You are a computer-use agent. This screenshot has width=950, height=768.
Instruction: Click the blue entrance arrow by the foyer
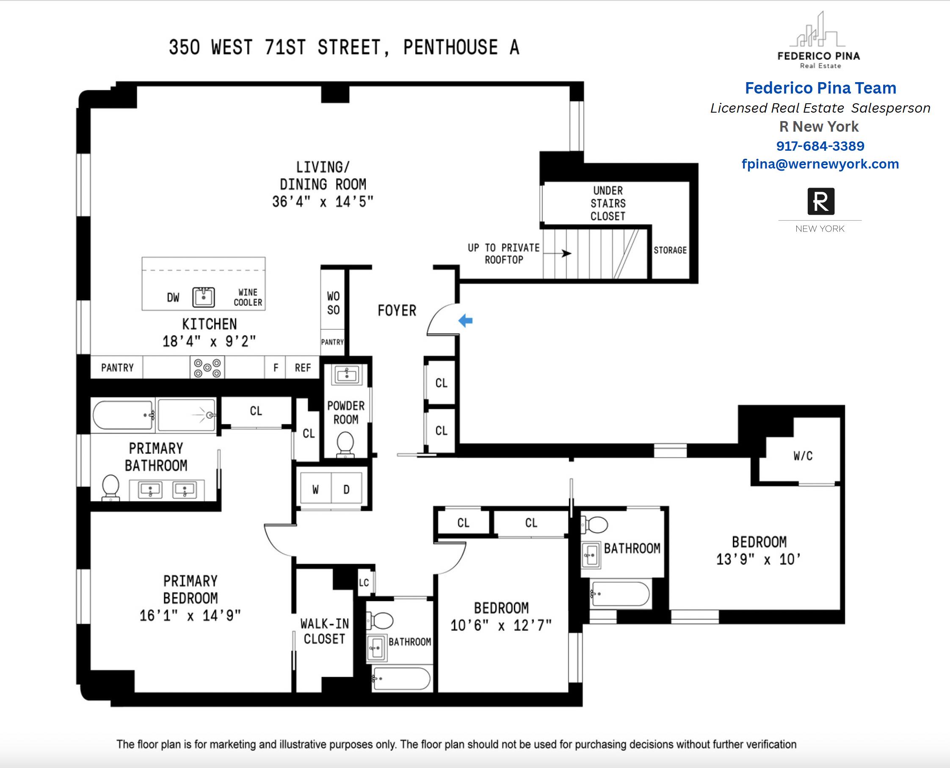coord(466,321)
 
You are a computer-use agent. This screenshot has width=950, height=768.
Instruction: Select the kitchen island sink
coord(204,297)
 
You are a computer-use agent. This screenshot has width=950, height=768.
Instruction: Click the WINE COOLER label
coord(248,297)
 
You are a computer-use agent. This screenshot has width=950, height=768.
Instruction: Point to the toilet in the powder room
coord(345,444)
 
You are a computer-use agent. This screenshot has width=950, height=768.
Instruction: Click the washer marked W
coord(315,489)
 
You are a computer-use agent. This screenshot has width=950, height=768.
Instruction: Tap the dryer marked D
coord(346,489)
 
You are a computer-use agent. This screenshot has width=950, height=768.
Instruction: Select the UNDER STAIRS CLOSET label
coord(608,204)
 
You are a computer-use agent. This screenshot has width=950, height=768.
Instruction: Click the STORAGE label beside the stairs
coord(670,250)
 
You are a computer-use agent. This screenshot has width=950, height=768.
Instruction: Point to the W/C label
coord(803,456)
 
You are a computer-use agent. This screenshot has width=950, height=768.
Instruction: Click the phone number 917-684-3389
coord(820,146)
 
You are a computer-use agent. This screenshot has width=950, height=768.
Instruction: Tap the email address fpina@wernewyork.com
coord(820,164)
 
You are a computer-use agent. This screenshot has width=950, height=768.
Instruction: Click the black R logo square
coord(821,201)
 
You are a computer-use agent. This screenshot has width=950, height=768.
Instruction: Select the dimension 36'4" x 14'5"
coord(323,202)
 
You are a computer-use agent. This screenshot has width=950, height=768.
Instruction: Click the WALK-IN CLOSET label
coord(325,631)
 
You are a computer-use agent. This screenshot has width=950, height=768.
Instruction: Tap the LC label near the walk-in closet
coord(364,583)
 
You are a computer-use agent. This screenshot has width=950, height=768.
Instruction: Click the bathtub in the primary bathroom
coord(123,415)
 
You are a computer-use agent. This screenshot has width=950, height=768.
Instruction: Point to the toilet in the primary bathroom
coord(110,486)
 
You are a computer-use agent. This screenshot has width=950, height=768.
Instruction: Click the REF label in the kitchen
coord(303,368)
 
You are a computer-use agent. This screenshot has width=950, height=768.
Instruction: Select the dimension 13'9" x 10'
coord(759,560)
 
